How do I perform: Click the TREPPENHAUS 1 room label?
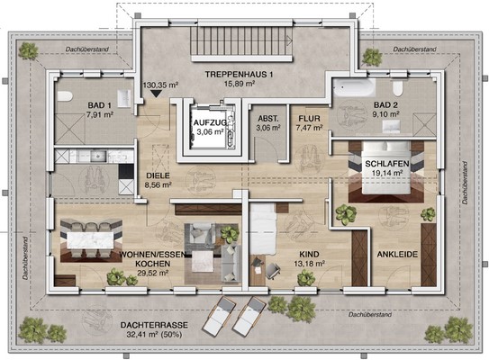pos(239,75)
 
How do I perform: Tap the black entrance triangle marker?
pos(156,94)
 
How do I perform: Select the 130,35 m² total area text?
pos(160,85)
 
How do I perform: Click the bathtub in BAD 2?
pos(354,87)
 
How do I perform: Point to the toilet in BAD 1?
pos(65,96)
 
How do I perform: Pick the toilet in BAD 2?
pos(398,88)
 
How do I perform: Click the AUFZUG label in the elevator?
pos(209,122)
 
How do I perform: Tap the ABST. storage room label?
pos(268,119)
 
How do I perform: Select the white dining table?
pos(90,240)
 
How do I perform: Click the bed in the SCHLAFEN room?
pos(385,167)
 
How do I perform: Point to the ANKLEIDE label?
pos(397,255)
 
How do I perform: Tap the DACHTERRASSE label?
pos(154,326)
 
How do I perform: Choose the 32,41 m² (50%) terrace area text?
pos(154,335)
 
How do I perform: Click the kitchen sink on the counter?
pos(98,157)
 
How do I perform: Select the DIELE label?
pos(158,175)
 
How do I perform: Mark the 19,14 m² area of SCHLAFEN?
pos(386,173)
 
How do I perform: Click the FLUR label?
pos(309,119)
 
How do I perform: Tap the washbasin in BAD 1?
pos(124,97)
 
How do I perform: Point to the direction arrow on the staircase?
pos(289,40)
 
